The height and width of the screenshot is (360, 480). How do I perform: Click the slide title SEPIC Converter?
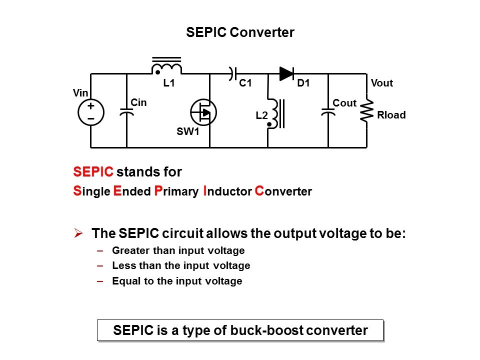click(240, 33)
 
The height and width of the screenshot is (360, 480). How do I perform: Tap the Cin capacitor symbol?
click(127, 111)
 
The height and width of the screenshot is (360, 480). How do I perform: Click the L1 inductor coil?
click(166, 67)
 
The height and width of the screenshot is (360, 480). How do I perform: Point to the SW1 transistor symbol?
click(203, 112)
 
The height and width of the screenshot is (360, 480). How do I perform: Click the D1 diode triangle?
click(286, 74)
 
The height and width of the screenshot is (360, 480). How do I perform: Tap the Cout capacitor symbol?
click(328, 112)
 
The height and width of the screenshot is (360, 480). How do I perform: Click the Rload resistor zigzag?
click(367, 110)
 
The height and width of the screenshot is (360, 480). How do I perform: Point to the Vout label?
click(382, 83)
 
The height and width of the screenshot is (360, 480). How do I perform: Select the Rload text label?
click(391, 115)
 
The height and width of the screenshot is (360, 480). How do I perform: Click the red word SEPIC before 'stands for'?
click(93, 172)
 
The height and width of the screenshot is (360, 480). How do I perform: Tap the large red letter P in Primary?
click(158, 191)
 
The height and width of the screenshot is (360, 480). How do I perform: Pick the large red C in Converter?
click(259, 191)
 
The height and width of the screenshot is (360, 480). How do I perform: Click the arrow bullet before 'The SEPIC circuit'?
click(78, 233)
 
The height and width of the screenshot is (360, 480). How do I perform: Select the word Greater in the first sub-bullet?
click(128, 250)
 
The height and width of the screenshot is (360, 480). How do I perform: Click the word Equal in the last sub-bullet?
click(123, 281)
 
